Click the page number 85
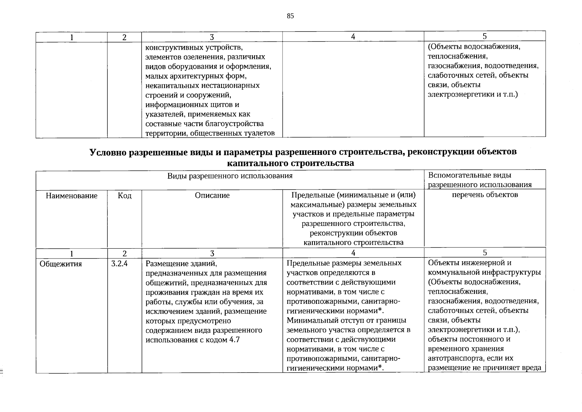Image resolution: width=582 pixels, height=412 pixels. click(290, 16)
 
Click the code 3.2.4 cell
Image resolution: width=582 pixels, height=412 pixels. click(119, 264)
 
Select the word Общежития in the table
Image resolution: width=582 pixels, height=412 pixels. click(61, 264)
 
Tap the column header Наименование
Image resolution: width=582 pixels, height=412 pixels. click(72, 196)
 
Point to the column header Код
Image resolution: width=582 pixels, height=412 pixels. click(124, 196)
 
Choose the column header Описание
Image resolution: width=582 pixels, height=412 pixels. click(212, 195)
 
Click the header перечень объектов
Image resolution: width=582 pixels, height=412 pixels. click(485, 195)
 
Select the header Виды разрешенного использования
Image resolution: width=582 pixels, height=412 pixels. click(230, 176)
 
